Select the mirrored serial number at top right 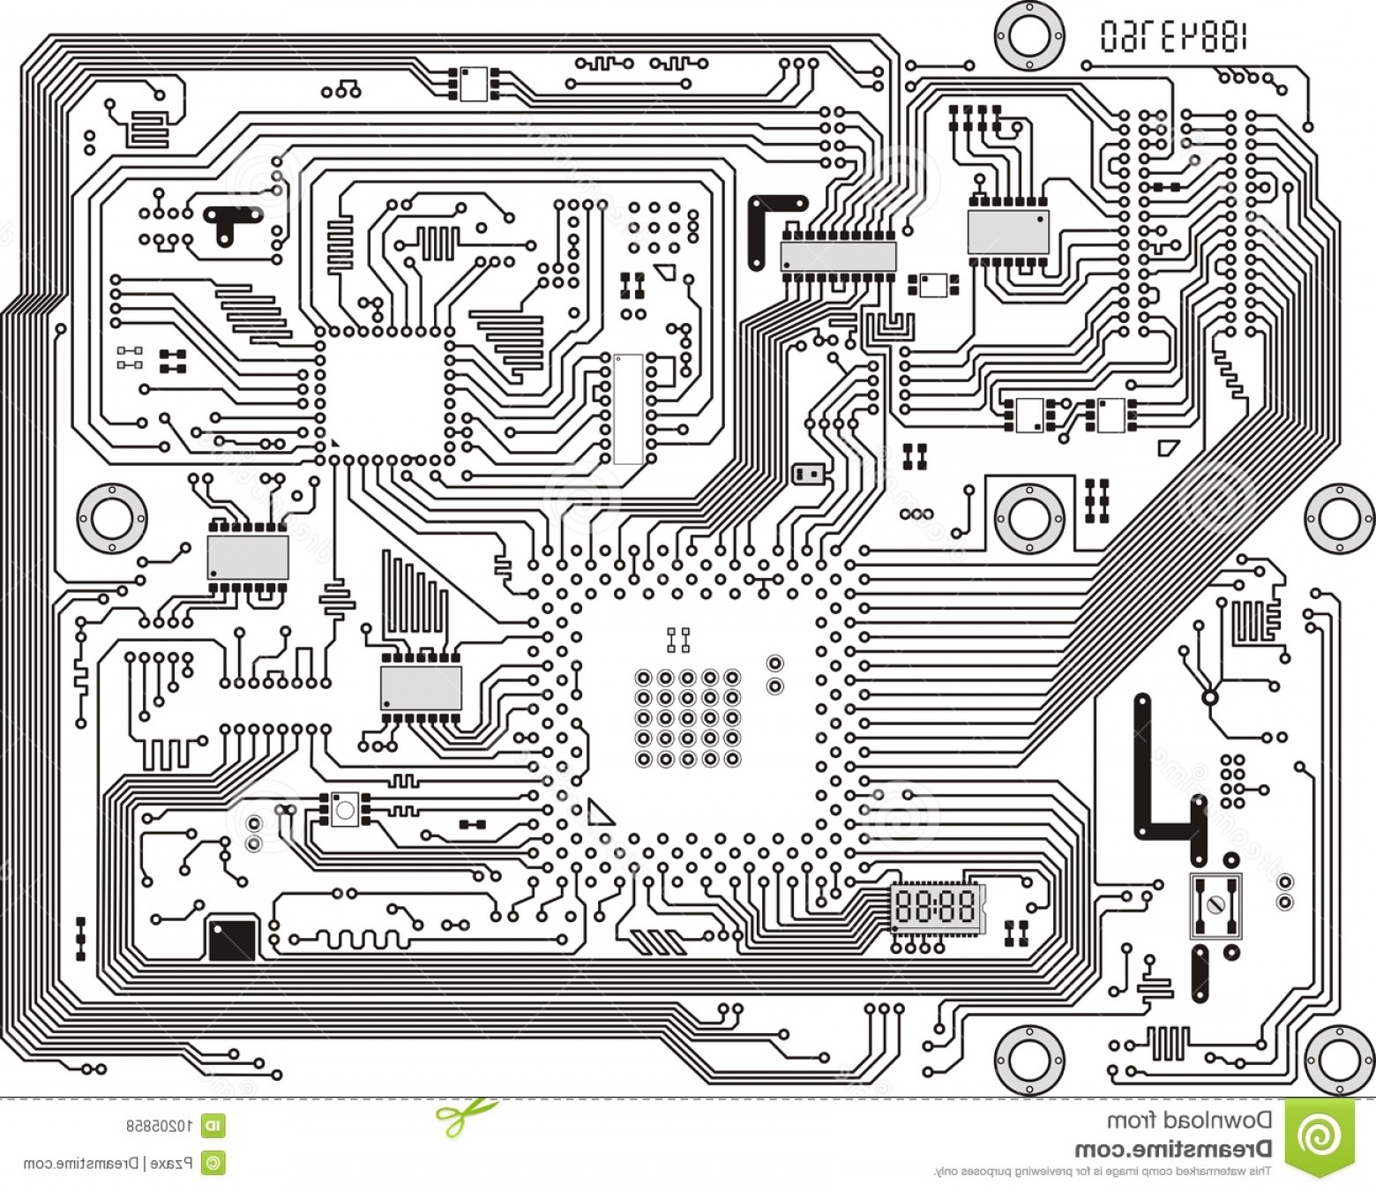click(1174, 36)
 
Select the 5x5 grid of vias click(687, 718)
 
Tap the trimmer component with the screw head click(1215, 904)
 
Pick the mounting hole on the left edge click(111, 516)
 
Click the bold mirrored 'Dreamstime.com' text click(1173, 1149)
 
